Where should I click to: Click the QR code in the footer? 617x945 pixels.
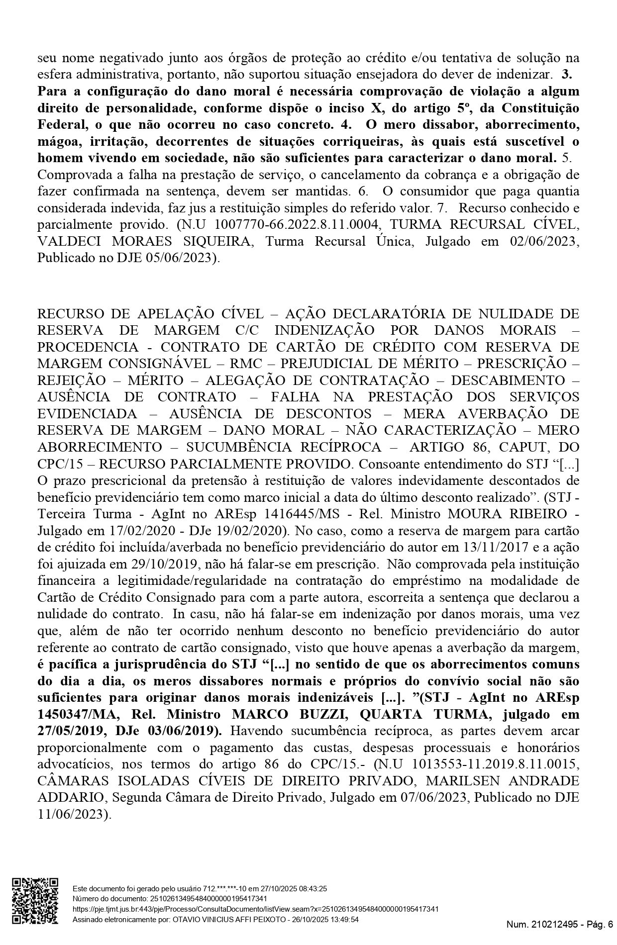point(35,903)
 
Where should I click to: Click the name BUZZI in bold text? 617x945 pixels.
point(322,715)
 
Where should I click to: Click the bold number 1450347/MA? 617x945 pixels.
point(73,715)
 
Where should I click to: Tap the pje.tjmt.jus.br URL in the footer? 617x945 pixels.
point(255,909)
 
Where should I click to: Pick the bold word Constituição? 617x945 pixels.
point(540,108)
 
